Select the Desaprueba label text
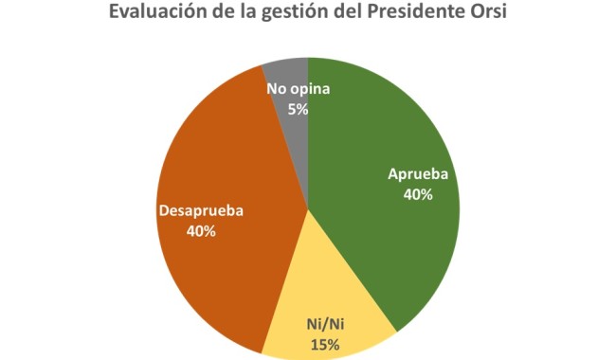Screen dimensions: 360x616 200,211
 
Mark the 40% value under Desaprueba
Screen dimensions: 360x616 200,230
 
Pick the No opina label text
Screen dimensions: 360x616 298,91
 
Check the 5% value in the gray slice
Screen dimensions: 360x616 298,109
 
